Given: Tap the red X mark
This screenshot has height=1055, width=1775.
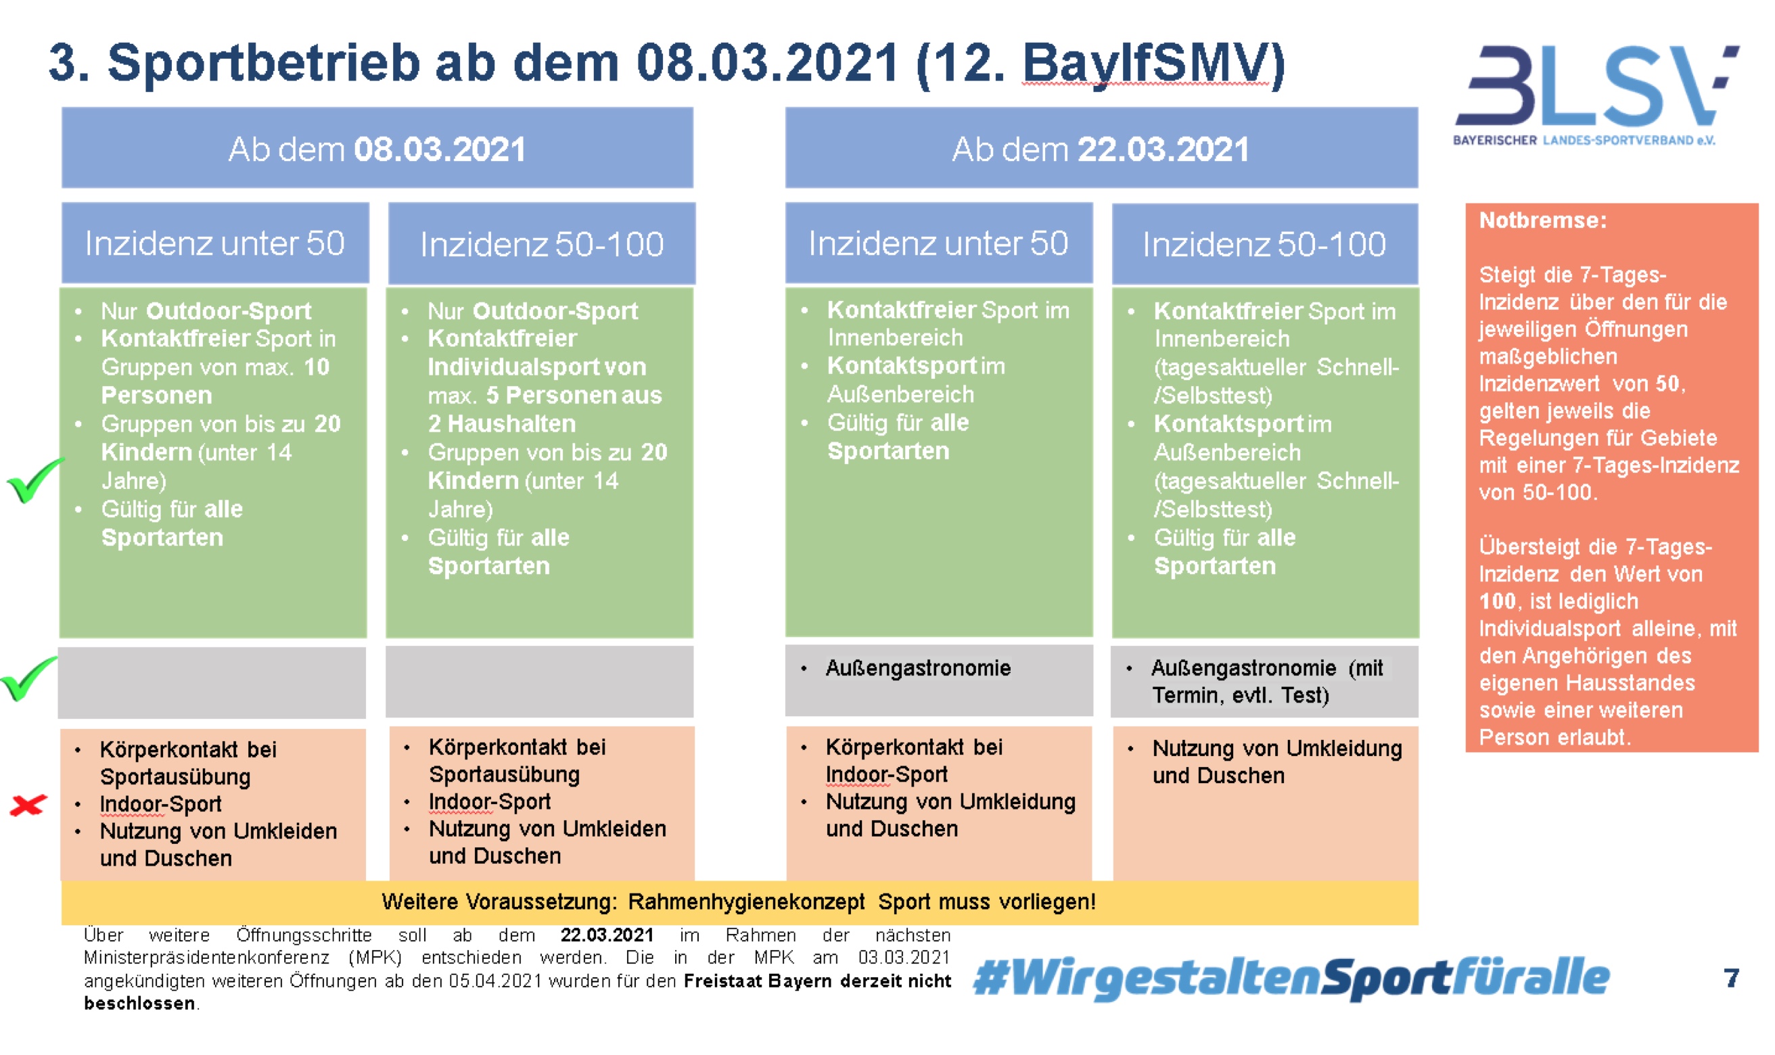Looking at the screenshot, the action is pyautogui.click(x=28, y=805).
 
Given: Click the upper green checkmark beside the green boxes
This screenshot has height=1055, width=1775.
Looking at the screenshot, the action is pyautogui.click(x=34, y=480).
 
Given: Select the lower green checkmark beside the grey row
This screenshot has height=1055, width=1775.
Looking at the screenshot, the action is pyautogui.click(x=28, y=678).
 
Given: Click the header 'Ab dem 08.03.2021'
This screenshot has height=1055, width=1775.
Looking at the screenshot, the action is pyautogui.click(x=377, y=149).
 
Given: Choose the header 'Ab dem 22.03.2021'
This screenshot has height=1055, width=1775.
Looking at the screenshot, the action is pyautogui.click(x=1101, y=149).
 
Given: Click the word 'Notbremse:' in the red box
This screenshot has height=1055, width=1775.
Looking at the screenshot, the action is pyautogui.click(x=1542, y=220).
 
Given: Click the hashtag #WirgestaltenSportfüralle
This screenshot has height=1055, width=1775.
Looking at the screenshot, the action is pyautogui.click(x=1291, y=978).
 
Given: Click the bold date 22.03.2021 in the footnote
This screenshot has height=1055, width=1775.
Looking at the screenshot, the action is pyautogui.click(x=606, y=934).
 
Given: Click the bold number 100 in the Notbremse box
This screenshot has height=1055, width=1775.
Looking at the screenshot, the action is pyautogui.click(x=1497, y=601).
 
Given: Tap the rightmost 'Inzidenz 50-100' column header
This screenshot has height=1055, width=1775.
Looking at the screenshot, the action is pyautogui.click(x=1264, y=244).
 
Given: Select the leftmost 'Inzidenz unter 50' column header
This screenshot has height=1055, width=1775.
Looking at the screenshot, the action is pyautogui.click(x=214, y=243).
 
